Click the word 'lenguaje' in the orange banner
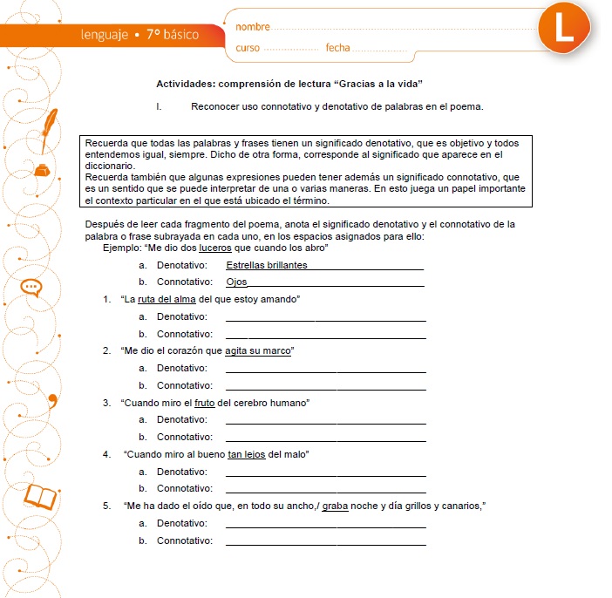tap(104, 36)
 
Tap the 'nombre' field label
tap(253, 29)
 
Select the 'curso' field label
tap(248, 48)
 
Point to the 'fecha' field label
tap(337, 48)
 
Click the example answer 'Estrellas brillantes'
tap(266, 265)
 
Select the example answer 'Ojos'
tap(236, 282)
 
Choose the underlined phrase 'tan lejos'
tap(247, 454)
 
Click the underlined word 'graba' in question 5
tap(335, 506)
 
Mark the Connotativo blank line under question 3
tap(326, 441)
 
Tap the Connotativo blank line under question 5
tap(326, 545)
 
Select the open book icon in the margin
tap(41, 497)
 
